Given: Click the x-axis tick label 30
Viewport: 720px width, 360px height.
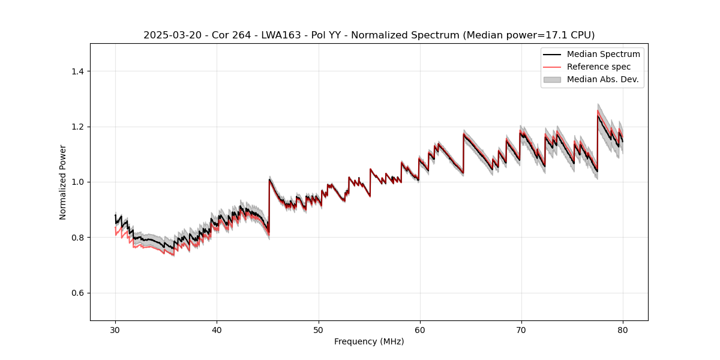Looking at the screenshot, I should pyautogui.click(x=115, y=329).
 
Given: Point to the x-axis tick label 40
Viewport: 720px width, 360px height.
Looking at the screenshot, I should pyautogui.click(x=217, y=329).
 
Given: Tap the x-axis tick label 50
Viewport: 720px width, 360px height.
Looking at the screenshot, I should pyautogui.click(x=319, y=329).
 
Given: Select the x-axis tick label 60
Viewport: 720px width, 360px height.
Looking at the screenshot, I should pyautogui.click(x=420, y=329).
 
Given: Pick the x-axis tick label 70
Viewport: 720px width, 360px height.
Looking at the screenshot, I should pyautogui.click(x=521, y=329).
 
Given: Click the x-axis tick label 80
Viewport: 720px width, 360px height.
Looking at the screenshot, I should pyautogui.click(x=623, y=329).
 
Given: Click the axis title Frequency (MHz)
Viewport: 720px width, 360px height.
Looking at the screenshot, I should pyautogui.click(x=369, y=341).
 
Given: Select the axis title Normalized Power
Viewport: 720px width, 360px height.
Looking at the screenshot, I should pyautogui.click(x=63, y=182).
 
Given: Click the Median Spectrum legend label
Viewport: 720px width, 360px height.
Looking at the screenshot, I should pyautogui.click(x=603, y=54).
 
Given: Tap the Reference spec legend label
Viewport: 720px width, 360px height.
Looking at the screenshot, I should pyautogui.click(x=599, y=67).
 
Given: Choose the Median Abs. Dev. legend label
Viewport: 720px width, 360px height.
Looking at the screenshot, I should pyautogui.click(x=602, y=79).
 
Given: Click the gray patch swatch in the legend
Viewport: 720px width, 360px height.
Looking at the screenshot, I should pyautogui.click(x=552, y=79).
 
